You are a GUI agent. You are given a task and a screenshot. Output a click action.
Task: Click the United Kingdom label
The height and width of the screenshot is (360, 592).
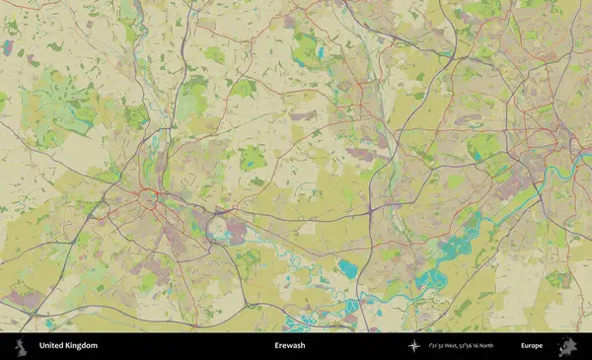(x=68, y=346)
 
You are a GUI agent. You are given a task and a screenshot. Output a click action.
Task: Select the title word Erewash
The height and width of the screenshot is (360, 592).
(x=290, y=346)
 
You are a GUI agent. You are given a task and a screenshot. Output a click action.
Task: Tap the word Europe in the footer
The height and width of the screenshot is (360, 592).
(x=532, y=346)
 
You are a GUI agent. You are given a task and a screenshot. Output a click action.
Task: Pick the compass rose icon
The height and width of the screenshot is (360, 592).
(x=413, y=346)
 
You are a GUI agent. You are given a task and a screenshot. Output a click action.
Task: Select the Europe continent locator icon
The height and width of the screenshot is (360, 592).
(x=567, y=346)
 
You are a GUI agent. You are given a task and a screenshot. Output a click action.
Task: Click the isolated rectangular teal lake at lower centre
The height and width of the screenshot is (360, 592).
(x=347, y=267)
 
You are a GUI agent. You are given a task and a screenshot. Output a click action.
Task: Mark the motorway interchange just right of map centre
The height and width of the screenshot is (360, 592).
(x=370, y=209)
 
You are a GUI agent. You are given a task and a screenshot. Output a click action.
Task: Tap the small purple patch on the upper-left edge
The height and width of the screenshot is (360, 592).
(x=9, y=46)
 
